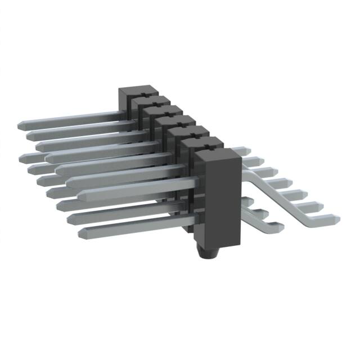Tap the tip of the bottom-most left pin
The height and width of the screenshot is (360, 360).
85,231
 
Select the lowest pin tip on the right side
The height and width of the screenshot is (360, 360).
279,227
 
